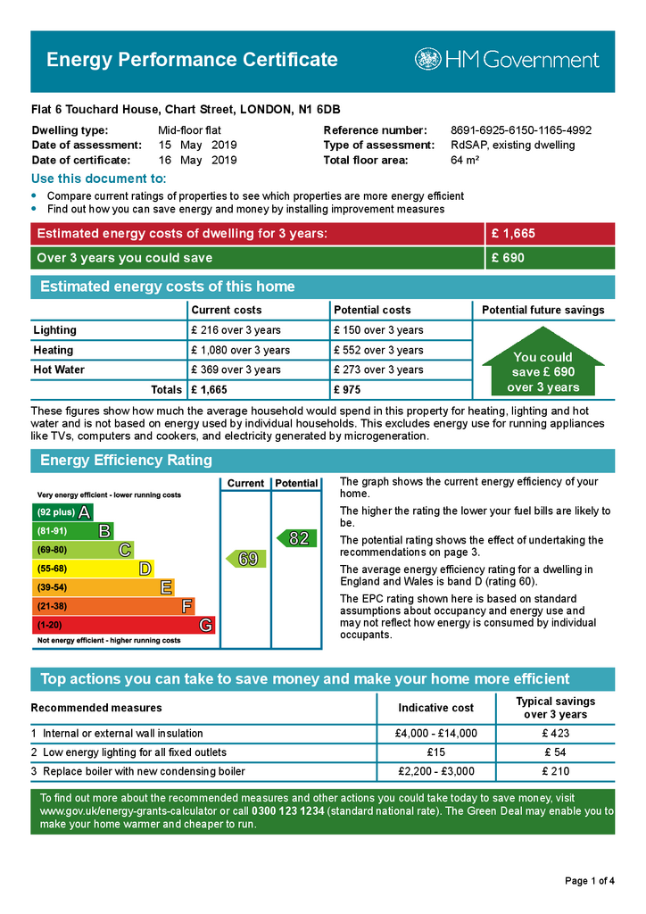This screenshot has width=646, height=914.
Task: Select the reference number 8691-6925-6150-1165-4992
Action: [x=521, y=130]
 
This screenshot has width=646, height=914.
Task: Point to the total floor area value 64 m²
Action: [x=465, y=161]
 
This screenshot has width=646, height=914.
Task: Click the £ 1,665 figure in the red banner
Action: [x=513, y=234]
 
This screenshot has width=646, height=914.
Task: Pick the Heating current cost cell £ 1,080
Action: [x=240, y=351]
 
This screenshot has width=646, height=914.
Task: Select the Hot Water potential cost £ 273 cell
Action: [x=377, y=370]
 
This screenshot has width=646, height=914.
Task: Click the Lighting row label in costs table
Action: [x=55, y=330]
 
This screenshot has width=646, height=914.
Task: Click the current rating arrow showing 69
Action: [x=244, y=559]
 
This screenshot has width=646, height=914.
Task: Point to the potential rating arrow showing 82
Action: [x=295, y=538]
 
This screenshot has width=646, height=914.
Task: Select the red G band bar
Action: [x=123, y=625]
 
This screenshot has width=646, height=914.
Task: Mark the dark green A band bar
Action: [x=62, y=512]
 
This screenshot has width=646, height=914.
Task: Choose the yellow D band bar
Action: [x=93, y=569]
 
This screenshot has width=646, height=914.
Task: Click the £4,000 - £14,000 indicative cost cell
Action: [x=435, y=734]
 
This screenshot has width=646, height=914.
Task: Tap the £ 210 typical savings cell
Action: [x=555, y=771]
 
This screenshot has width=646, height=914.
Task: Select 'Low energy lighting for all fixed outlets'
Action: [x=135, y=752]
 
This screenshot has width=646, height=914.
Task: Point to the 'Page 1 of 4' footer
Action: [x=590, y=881]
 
